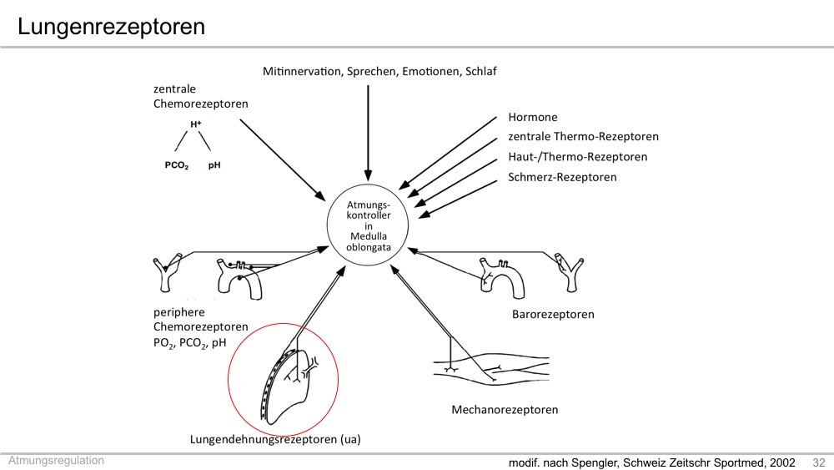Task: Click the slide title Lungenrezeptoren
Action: [111, 27]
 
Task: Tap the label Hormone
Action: [532, 117]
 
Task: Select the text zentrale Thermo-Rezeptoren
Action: [583, 137]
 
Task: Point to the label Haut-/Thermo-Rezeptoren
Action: [578, 157]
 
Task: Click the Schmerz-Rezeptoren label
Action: [562, 177]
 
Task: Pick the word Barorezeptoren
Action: [553, 315]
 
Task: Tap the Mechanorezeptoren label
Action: [505, 410]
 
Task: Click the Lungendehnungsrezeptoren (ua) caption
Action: [275, 440]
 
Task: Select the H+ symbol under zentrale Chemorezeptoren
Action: [196, 124]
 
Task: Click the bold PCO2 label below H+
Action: [177, 165]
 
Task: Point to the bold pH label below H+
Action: [214, 165]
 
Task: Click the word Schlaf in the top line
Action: [481, 71]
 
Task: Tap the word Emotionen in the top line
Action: [431, 71]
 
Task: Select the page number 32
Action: [819, 462]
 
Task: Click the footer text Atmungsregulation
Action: [56, 461]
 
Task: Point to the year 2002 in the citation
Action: [782, 462]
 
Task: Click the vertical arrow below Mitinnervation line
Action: [368, 133]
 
